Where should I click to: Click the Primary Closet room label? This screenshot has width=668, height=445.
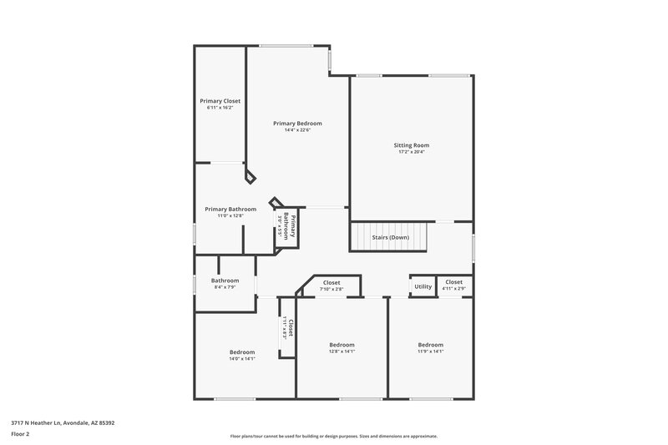coord(220,101)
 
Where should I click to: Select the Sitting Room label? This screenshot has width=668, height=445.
coord(412,145)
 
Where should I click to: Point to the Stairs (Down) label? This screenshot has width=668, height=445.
coord(390,237)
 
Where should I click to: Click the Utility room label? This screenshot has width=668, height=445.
coord(423,286)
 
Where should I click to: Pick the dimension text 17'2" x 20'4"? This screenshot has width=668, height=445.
coord(412,152)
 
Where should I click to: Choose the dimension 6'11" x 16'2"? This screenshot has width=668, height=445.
coord(220,108)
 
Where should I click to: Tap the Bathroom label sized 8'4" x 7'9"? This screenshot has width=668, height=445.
coord(225,281)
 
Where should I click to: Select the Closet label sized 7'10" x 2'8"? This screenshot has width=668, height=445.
coord(331,282)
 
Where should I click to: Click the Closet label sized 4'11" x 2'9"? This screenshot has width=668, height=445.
coord(453,282)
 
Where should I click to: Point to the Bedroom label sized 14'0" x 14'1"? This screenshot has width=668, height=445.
coord(241,352)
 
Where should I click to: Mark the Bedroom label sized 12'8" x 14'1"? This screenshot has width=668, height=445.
coord(342,345)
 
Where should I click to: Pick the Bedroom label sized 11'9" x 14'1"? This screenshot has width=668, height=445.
coord(431,345)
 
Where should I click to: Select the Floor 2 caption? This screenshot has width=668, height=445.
coord(19,434)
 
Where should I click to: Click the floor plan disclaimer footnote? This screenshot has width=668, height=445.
coord(334,436)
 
